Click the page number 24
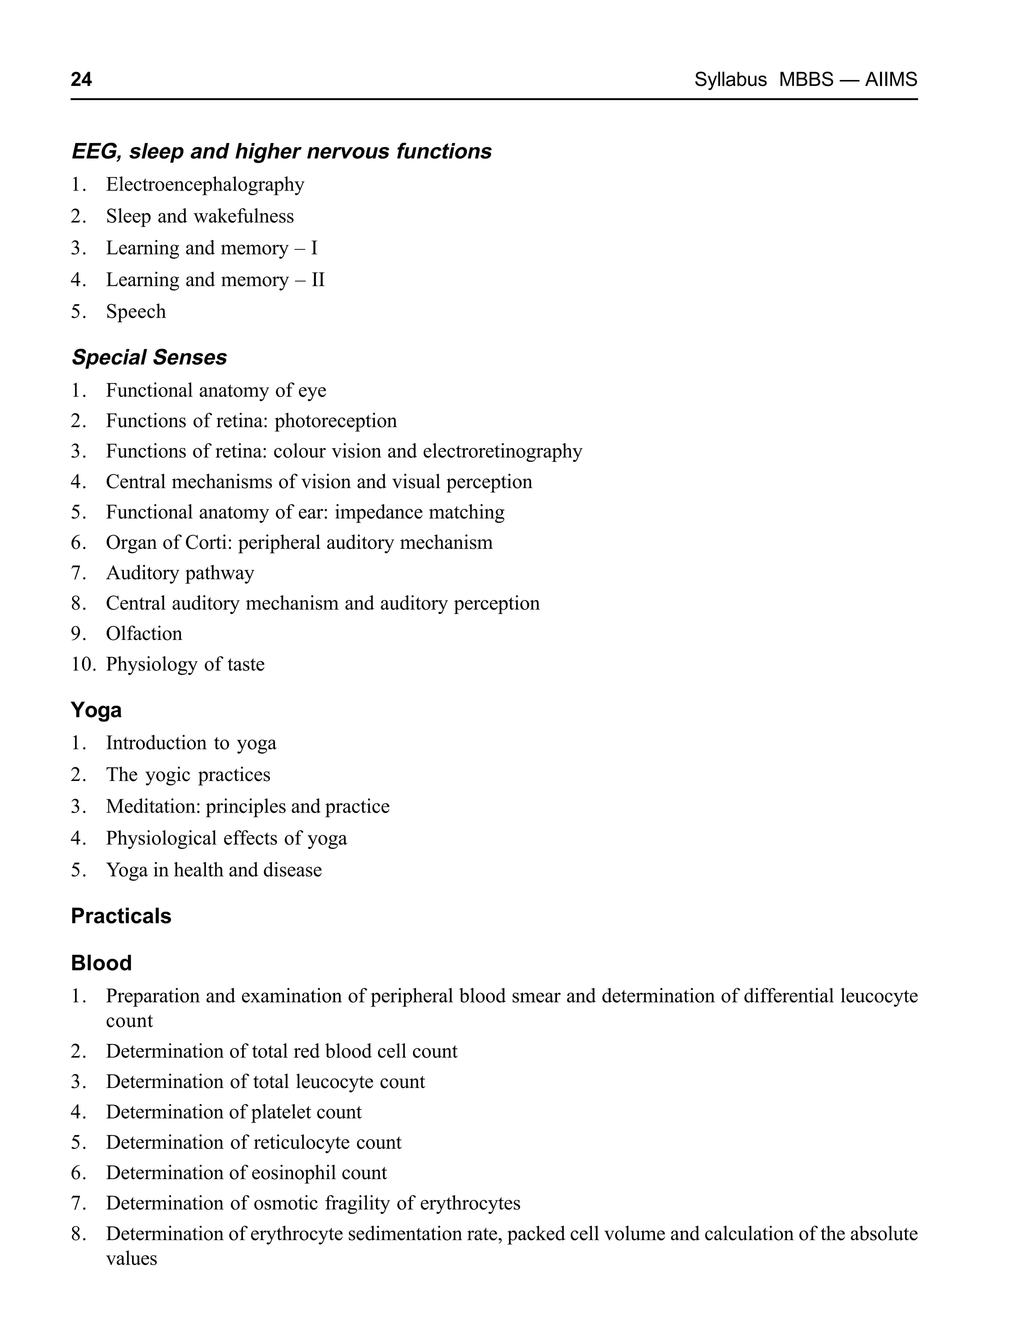81,80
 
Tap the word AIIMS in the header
890,80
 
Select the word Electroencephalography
205,184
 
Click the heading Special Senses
149,357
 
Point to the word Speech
136,311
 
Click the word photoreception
336,420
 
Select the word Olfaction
144,634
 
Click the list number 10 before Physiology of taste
83,664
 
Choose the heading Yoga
96,710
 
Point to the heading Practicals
121,916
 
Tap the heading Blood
101,963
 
